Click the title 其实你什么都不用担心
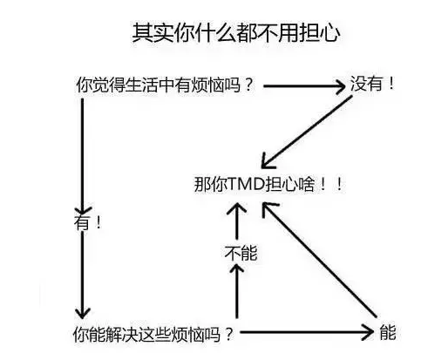click(236, 32)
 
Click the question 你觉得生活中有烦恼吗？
click(165, 85)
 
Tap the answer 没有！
click(372, 84)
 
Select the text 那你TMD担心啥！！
click(268, 184)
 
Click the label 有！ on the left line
click(87, 222)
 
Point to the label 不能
click(241, 253)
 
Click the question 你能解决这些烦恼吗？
click(153, 335)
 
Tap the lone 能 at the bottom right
click(388, 332)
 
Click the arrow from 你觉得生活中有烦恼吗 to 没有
click(304, 86)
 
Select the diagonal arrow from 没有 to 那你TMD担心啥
click(307, 132)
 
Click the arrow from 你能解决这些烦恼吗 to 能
click(307, 332)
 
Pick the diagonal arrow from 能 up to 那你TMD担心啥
click(319, 259)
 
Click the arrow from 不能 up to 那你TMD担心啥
click(236, 221)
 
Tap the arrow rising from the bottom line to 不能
click(236, 291)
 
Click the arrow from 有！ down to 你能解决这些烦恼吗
click(83, 275)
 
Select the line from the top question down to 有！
click(83, 156)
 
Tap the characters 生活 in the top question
click(140, 85)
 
